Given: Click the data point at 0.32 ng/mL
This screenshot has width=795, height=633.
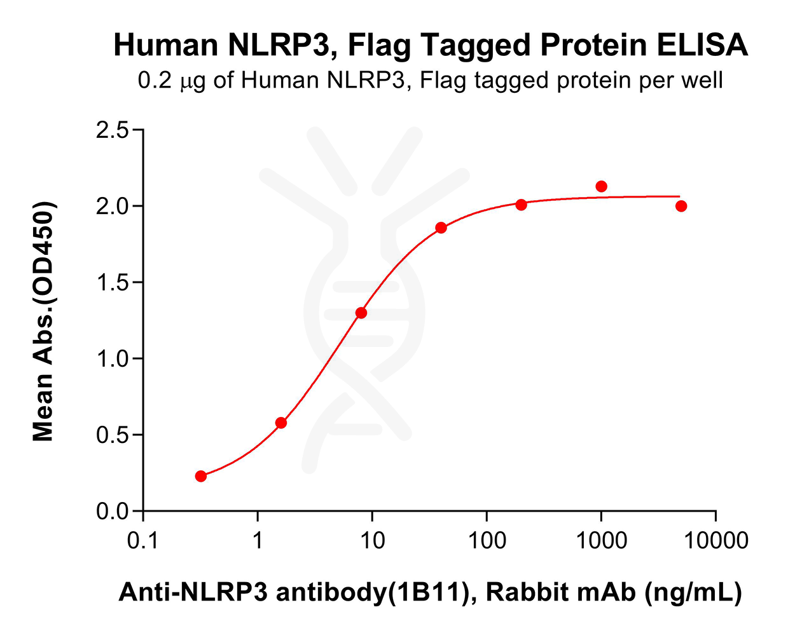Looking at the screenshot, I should click(201, 476).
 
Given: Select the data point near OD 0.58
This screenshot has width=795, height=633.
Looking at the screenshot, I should click(281, 423).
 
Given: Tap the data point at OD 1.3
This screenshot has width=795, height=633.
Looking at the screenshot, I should click(361, 313).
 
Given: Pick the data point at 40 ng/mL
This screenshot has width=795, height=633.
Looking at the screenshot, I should click(441, 228).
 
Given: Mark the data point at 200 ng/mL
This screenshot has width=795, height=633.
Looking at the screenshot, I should click(522, 205).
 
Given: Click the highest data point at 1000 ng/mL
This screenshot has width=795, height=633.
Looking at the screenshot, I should click(601, 186).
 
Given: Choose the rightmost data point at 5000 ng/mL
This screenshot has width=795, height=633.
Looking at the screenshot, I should click(681, 206).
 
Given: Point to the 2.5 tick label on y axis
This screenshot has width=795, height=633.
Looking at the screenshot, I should click(112, 130).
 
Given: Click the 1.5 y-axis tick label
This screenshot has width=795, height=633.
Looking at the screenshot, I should click(112, 283).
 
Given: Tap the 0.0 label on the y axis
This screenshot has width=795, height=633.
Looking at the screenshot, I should click(112, 512).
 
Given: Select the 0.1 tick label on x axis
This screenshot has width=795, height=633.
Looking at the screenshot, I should click(143, 541).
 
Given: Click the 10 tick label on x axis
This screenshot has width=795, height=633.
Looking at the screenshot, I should click(372, 541).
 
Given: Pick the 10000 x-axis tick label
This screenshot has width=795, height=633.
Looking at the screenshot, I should click(715, 541).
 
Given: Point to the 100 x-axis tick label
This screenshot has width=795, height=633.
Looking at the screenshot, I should click(487, 541).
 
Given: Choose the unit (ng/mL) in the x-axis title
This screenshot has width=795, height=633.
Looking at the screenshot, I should click(693, 592).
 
